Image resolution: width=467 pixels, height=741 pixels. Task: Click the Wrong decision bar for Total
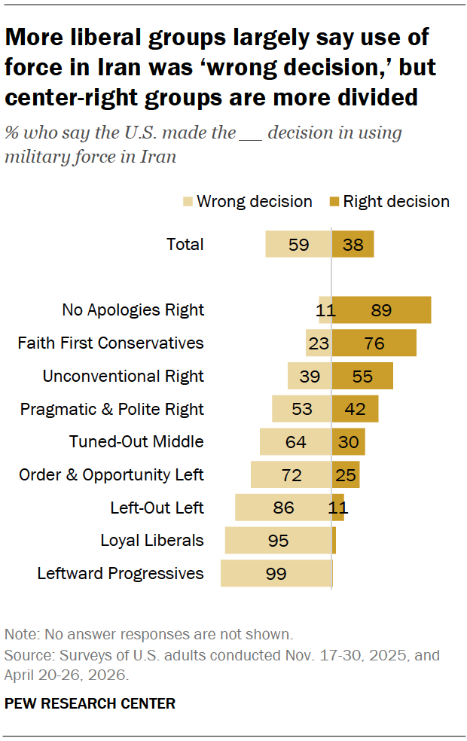298,244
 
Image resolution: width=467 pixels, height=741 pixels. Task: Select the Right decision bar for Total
353,244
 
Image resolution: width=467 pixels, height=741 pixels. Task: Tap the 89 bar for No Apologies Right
381,310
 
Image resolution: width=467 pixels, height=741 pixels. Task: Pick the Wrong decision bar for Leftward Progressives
276,573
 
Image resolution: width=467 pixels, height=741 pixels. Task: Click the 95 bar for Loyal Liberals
279,540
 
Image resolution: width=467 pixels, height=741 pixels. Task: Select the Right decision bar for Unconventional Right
362,376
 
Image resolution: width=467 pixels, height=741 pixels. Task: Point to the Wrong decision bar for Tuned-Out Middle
296,441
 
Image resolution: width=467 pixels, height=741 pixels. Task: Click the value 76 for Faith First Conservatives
374,343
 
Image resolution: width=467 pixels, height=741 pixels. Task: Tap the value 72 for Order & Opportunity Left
291,475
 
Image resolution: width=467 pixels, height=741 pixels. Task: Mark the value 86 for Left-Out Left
284,508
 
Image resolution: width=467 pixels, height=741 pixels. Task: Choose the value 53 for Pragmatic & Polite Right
301,409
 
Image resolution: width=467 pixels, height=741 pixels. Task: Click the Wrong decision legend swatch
188,202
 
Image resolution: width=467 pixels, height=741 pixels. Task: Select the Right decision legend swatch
334,202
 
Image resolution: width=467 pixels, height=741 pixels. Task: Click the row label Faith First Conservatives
111,343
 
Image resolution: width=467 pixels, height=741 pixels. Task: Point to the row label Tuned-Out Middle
136,441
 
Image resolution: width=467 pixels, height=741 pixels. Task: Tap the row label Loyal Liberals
152,540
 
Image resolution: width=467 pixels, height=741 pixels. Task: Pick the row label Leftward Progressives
121,573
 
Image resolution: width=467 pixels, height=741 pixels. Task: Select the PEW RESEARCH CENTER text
90,703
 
